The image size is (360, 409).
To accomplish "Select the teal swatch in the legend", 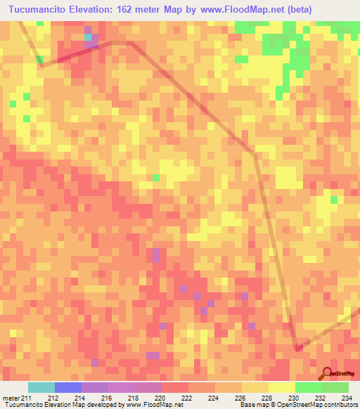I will click(x=41, y=388).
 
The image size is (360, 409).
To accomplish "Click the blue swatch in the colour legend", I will click(x=68, y=388).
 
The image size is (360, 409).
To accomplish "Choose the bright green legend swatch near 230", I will click(x=308, y=388).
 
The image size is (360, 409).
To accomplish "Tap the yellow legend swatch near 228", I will click(x=281, y=388).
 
